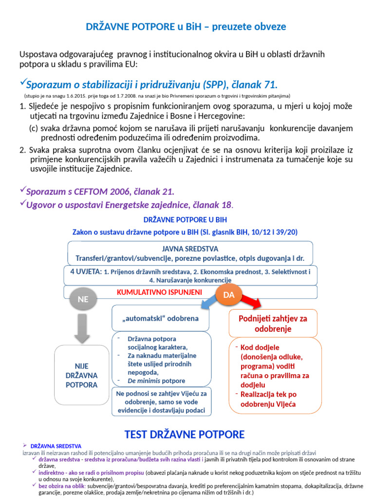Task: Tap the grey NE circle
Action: [x=83, y=299]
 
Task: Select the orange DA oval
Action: [x=228, y=295]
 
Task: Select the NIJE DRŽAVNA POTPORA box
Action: [x=81, y=375]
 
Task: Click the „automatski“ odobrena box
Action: [x=161, y=318]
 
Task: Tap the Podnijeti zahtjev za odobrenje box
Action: [x=273, y=323]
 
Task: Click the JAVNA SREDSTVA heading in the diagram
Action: [x=190, y=249]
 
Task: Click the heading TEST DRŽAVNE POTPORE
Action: [x=185, y=434]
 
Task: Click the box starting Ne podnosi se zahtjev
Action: [x=161, y=402]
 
